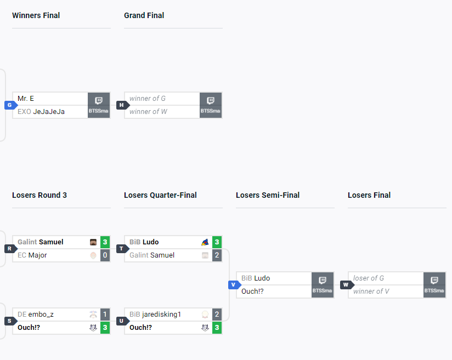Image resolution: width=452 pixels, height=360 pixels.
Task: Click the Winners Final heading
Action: tap(36, 15)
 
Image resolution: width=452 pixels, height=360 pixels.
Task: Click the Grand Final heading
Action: tap(144, 15)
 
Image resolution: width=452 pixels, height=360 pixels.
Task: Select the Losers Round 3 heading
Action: tap(39, 195)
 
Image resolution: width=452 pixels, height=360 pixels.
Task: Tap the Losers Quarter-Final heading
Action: tap(160, 195)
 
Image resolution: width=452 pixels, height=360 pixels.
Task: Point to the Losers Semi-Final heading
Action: tap(268, 195)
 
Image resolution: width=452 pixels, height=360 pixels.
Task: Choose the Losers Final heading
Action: tap(369, 195)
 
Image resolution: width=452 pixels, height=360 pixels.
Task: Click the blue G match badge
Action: tap(9, 105)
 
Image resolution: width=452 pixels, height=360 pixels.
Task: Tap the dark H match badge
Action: tap(121, 105)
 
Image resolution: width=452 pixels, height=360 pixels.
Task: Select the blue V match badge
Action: tap(233, 285)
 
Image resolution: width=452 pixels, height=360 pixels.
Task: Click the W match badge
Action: tap(345, 285)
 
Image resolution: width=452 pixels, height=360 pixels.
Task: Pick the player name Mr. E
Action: tap(26, 99)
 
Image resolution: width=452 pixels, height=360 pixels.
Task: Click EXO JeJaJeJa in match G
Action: tap(41, 112)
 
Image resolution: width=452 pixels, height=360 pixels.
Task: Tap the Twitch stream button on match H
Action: tap(211, 105)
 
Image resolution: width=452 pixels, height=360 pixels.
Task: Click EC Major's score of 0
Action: tap(105, 255)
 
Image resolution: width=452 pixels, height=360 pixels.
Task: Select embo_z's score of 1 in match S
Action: tap(105, 315)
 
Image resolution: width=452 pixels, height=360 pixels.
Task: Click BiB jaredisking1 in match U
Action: tap(155, 315)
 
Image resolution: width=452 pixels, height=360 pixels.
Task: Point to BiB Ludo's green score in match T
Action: tap(217, 242)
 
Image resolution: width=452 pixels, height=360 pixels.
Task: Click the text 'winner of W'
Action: tap(148, 112)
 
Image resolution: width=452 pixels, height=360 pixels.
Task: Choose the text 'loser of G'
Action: tap(369, 278)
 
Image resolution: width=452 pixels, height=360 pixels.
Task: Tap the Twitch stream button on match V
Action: tap(323, 285)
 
